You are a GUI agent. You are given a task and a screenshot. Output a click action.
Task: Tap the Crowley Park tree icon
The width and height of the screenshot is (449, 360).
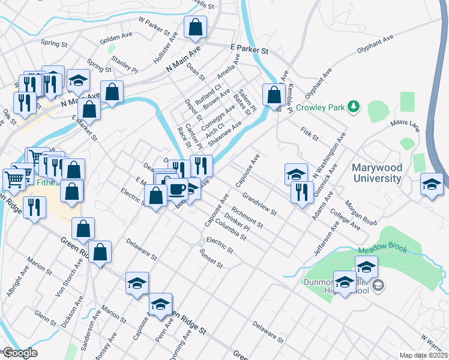tap(355, 107)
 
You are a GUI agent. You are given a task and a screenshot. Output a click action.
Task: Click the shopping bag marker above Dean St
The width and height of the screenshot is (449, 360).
tap(196, 27)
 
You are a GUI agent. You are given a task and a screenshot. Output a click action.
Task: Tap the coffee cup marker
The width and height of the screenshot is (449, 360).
tap(176, 190)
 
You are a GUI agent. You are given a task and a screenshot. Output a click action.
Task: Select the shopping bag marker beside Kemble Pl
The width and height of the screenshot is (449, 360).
tap(274, 95)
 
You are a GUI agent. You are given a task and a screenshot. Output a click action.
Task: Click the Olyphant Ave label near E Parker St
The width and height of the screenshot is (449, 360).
tap(375, 44)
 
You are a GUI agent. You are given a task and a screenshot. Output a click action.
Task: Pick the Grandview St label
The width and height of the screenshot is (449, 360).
tap(259, 204)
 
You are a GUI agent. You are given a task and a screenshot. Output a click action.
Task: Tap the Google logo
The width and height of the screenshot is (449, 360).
tap(19, 353)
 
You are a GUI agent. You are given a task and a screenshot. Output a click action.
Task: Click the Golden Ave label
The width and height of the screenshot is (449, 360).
tap(116, 38)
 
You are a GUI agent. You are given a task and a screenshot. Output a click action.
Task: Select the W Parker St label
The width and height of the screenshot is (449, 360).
tap(151, 26)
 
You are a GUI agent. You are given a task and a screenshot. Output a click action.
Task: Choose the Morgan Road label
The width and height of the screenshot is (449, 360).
tap(361, 214)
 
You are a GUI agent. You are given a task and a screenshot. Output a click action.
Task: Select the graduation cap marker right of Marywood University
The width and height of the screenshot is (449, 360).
tap(432, 184)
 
